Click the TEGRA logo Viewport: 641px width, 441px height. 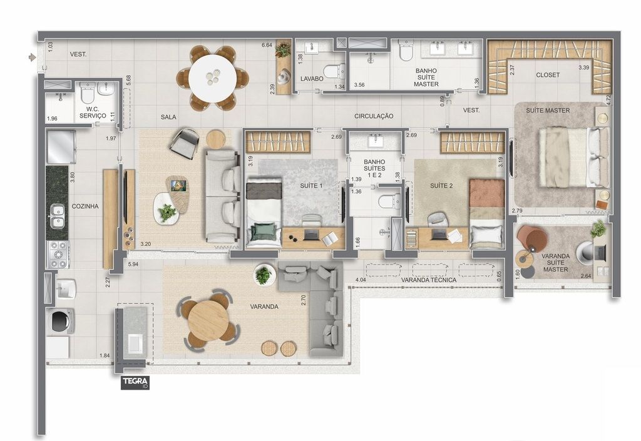pyautogui.click(x=135, y=383)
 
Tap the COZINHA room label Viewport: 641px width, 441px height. pyautogui.click(x=85, y=206)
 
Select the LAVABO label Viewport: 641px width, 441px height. pyautogui.click(x=312, y=78)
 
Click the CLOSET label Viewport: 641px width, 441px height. pyautogui.click(x=548, y=74)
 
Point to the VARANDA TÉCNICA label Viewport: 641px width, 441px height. pyautogui.click(x=428, y=280)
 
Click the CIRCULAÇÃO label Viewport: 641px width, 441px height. pyautogui.click(x=374, y=116)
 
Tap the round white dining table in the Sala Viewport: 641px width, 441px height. pyautogui.click(x=213, y=78)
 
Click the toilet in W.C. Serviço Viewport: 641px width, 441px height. pyautogui.click(x=88, y=93)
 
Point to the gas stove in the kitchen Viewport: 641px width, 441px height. pyautogui.click(x=58, y=254)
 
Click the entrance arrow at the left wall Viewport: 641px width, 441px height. pyautogui.click(x=32, y=57)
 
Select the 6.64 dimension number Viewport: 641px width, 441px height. pyautogui.click(x=267, y=45)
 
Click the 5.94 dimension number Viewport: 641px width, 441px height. pyautogui.click(x=133, y=264)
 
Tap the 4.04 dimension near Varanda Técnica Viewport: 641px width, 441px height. pyautogui.click(x=361, y=280)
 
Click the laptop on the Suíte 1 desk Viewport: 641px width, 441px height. pyautogui.click(x=312, y=235)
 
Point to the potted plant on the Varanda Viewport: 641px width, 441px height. pyautogui.click(x=264, y=275)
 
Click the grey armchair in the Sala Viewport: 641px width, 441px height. pyautogui.click(x=184, y=143)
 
